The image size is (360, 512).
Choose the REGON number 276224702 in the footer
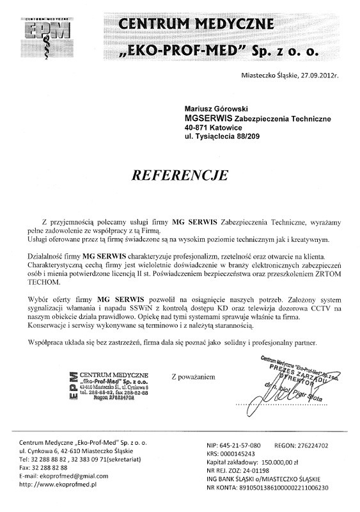310,444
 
